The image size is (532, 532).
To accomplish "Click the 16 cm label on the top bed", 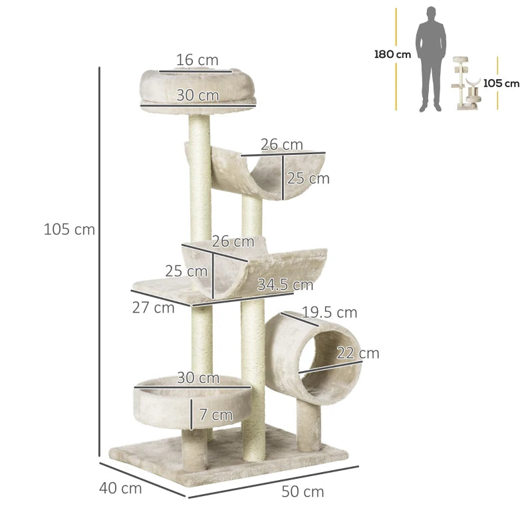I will (197, 61).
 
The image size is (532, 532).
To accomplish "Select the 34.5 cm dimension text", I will (285, 285).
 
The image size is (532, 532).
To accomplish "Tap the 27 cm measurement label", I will (154, 307).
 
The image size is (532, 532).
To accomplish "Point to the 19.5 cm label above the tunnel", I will (329, 313).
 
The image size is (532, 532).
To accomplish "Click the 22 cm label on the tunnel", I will (357, 353).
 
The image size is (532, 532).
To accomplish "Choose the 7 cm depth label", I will (215, 415).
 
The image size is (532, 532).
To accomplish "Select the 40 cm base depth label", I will (120, 488).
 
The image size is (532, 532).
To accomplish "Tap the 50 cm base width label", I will (303, 492).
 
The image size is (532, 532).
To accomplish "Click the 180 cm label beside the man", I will (392, 55).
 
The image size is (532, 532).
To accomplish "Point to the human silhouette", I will (430, 60).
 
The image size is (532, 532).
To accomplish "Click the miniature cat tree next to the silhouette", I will (467, 85).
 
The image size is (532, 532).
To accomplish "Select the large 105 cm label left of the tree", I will (69, 230).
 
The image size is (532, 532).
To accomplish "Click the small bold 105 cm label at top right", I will (501, 84).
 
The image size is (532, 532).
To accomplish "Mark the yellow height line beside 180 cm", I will (396, 60).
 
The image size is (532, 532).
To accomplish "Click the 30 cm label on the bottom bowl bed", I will (198, 378).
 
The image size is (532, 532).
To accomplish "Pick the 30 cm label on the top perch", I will (198, 95).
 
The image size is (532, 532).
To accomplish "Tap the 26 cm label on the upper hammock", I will (282, 144).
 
